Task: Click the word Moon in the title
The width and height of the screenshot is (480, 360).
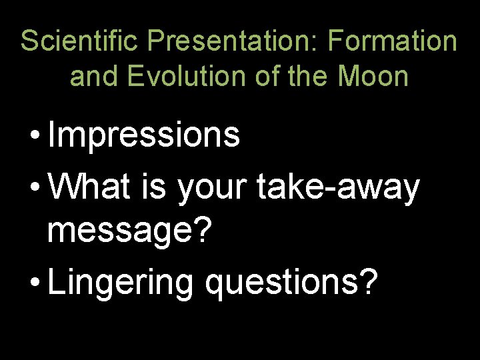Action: pyautogui.click(x=373, y=77)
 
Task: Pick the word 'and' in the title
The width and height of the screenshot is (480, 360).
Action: pyautogui.click(x=91, y=77)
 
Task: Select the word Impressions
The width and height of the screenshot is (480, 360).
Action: pyautogui.click(x=143, y=135)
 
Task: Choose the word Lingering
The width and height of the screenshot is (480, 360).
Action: pyautogui.click(x=120, y=283)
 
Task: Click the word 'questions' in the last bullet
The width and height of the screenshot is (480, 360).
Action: pyautogui.click(x=282, y=283)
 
